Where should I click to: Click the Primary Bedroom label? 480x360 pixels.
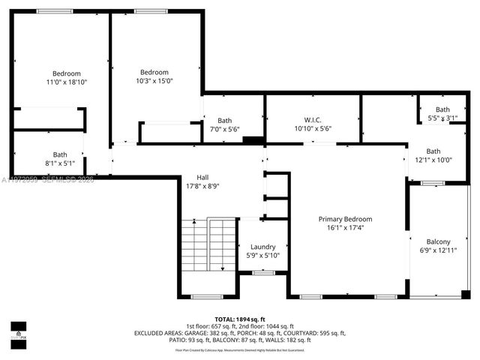click(345, 219)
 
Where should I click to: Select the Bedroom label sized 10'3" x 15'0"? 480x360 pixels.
click(154, 72)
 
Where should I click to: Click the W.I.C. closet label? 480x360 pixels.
click(313, 120)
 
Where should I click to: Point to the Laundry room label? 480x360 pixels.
click(262, 247)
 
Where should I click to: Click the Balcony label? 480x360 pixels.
click(438, 241)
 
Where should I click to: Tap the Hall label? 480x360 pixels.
click(202, 177)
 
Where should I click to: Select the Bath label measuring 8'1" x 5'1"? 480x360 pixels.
click(59, 154)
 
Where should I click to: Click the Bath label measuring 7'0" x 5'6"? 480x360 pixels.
click(224, 121)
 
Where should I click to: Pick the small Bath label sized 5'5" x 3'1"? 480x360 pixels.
click(442, 109)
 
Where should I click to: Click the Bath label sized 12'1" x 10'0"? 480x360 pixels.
click(433, 151)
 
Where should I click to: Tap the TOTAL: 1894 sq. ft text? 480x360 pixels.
click(239, 319)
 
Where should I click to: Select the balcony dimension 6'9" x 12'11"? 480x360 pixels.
click(438, 250)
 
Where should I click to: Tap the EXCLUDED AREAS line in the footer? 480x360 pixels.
click(239, 333)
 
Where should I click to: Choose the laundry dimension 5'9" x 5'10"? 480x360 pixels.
click(262, 255)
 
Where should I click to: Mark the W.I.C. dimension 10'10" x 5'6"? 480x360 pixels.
click(313, 128)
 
